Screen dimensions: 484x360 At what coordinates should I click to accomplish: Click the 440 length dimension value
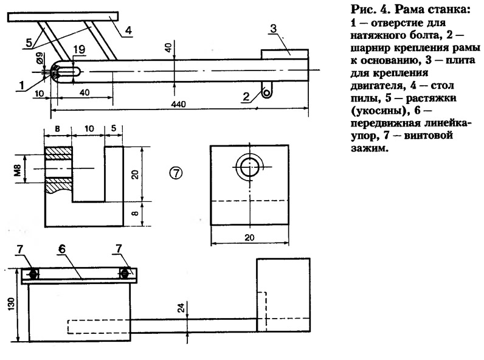[179, 104]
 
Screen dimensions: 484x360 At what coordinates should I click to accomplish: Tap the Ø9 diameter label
[40, 58]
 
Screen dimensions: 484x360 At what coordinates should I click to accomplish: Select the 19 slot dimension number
[79, 49]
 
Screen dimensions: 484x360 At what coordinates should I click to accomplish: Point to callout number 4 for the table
[128, 30]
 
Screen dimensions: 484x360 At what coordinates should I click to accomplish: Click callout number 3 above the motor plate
[273, 29]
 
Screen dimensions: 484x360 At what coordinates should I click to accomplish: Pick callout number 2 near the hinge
[246, 97]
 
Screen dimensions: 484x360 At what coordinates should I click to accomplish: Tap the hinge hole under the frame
[266, 92]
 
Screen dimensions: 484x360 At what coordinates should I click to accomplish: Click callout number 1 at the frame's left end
[22, 86]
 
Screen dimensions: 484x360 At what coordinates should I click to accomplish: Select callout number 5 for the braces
[29, 43]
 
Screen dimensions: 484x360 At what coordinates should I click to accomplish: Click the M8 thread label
[18, 170]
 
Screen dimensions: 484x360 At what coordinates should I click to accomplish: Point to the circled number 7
[176, 173]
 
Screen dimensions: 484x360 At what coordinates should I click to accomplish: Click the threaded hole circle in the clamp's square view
[249, 167]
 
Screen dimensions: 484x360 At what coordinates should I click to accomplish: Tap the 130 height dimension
[11, 304]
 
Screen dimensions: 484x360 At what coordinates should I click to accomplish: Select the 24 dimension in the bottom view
[181, 308]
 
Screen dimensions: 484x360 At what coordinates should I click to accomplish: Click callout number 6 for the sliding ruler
[62, 249]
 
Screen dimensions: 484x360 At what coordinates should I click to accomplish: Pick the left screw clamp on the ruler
[33, 274]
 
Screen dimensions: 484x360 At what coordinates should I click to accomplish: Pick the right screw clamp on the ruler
[125, 273]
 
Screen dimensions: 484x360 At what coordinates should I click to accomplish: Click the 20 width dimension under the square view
[249, 237]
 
